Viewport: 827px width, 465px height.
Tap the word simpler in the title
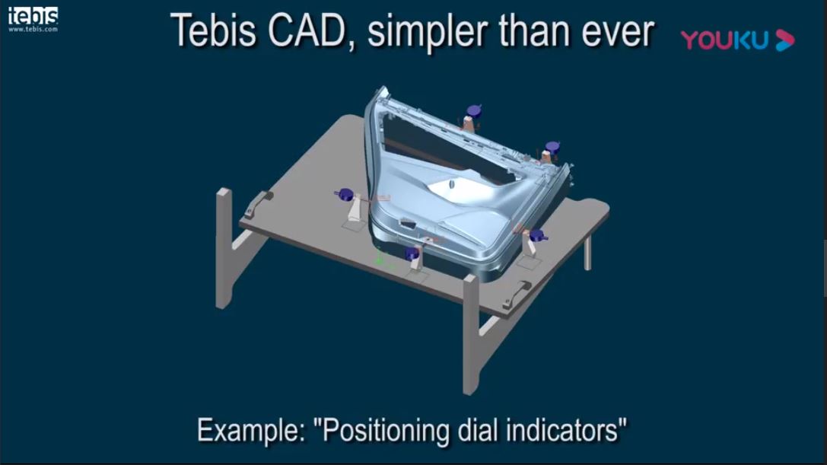(429, 33)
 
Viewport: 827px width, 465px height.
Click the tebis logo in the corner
(33, 16)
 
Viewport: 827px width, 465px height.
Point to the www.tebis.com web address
(33, 30)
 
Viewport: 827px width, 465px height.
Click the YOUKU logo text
(724, 40)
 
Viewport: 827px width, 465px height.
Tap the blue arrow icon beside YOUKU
(785, 40)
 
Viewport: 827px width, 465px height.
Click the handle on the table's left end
(257, 204)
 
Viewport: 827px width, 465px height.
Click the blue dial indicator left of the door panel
(345, 195)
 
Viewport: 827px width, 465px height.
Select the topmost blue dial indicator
(474, 111)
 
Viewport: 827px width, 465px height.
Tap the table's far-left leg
(224, 248)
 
